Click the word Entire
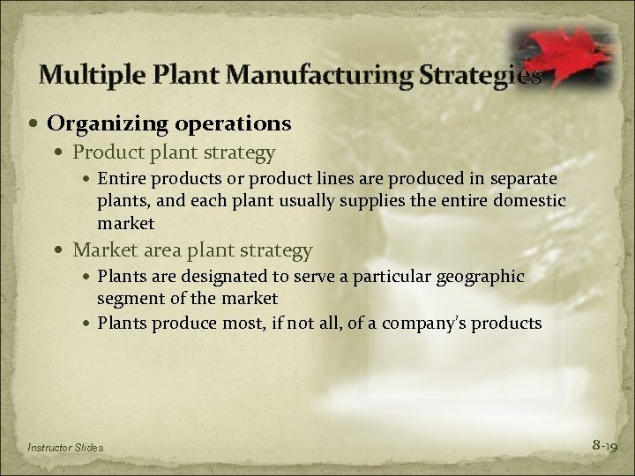coord(121,181)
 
